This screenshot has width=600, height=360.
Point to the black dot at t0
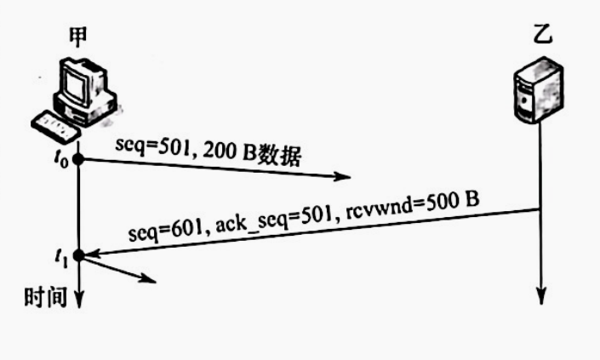click(77, 158)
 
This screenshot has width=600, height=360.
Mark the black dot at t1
click(77, 255)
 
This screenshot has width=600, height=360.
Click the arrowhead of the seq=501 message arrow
click(344, 178)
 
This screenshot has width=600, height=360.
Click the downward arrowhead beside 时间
click(78, 299)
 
